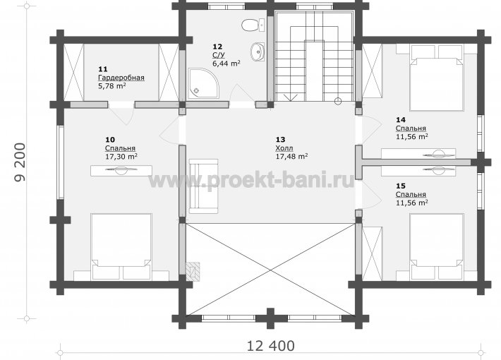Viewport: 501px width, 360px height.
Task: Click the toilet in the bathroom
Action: (x=253, y=25)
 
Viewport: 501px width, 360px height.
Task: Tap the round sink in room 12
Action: (x=258, y=52)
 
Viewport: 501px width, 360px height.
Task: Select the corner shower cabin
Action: (x=203, y=83)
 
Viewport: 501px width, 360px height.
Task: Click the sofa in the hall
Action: (x=203, y=186)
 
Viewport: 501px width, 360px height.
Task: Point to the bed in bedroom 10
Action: (x=121, y=247)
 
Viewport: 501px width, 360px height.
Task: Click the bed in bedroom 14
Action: (x=437, y=78)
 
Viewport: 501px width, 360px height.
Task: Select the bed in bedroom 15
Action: (x=437, y=247)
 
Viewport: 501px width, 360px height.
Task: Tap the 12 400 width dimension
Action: (x=271, y=346)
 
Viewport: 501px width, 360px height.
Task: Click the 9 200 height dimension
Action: (x=20, y=162)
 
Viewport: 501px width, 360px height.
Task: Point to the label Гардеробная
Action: (x=121, y=78)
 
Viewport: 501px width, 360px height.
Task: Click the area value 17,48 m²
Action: (x=291, y=156)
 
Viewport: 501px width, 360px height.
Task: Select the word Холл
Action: (x=284, y=148)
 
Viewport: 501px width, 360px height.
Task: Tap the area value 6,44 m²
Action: (x=227, y=64)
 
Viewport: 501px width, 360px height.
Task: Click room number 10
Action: (x=110, y=140)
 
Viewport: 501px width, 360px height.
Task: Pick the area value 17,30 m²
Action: (x=121, y=157)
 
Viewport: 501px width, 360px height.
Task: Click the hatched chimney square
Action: (x=193, y=272)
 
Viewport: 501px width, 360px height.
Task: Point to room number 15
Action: (x=401, y=186)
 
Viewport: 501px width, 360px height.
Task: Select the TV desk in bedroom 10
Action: (x=121, y=170)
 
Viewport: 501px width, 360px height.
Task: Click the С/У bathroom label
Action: (x=219, y=55)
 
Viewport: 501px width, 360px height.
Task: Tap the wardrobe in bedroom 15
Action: (x=373, y=254)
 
